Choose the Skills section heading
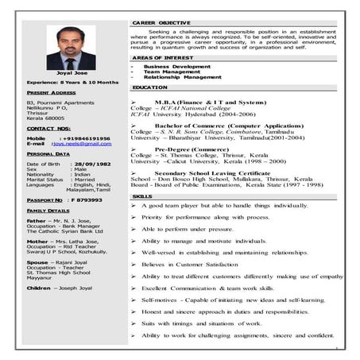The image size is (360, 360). (x=142, y=195)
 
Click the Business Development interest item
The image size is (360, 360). (x=178, y=67)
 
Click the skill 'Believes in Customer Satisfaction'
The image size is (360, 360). (x=190, y=262)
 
